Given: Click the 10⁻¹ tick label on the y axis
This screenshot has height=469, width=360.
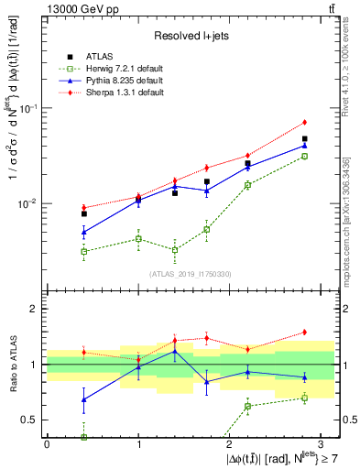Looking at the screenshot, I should (28, 108).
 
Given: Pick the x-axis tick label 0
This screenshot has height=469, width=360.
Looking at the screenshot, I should (47, 444).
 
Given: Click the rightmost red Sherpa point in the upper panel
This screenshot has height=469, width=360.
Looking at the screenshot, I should (304, 122).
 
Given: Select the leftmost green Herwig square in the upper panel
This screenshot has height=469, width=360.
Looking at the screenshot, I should (84, 251).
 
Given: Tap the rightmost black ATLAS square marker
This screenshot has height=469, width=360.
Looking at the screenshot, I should (304, 139).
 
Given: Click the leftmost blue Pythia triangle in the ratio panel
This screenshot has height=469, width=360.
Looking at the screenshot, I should (84, 399).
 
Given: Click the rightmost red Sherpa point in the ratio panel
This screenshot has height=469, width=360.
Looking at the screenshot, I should (304, 332).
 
